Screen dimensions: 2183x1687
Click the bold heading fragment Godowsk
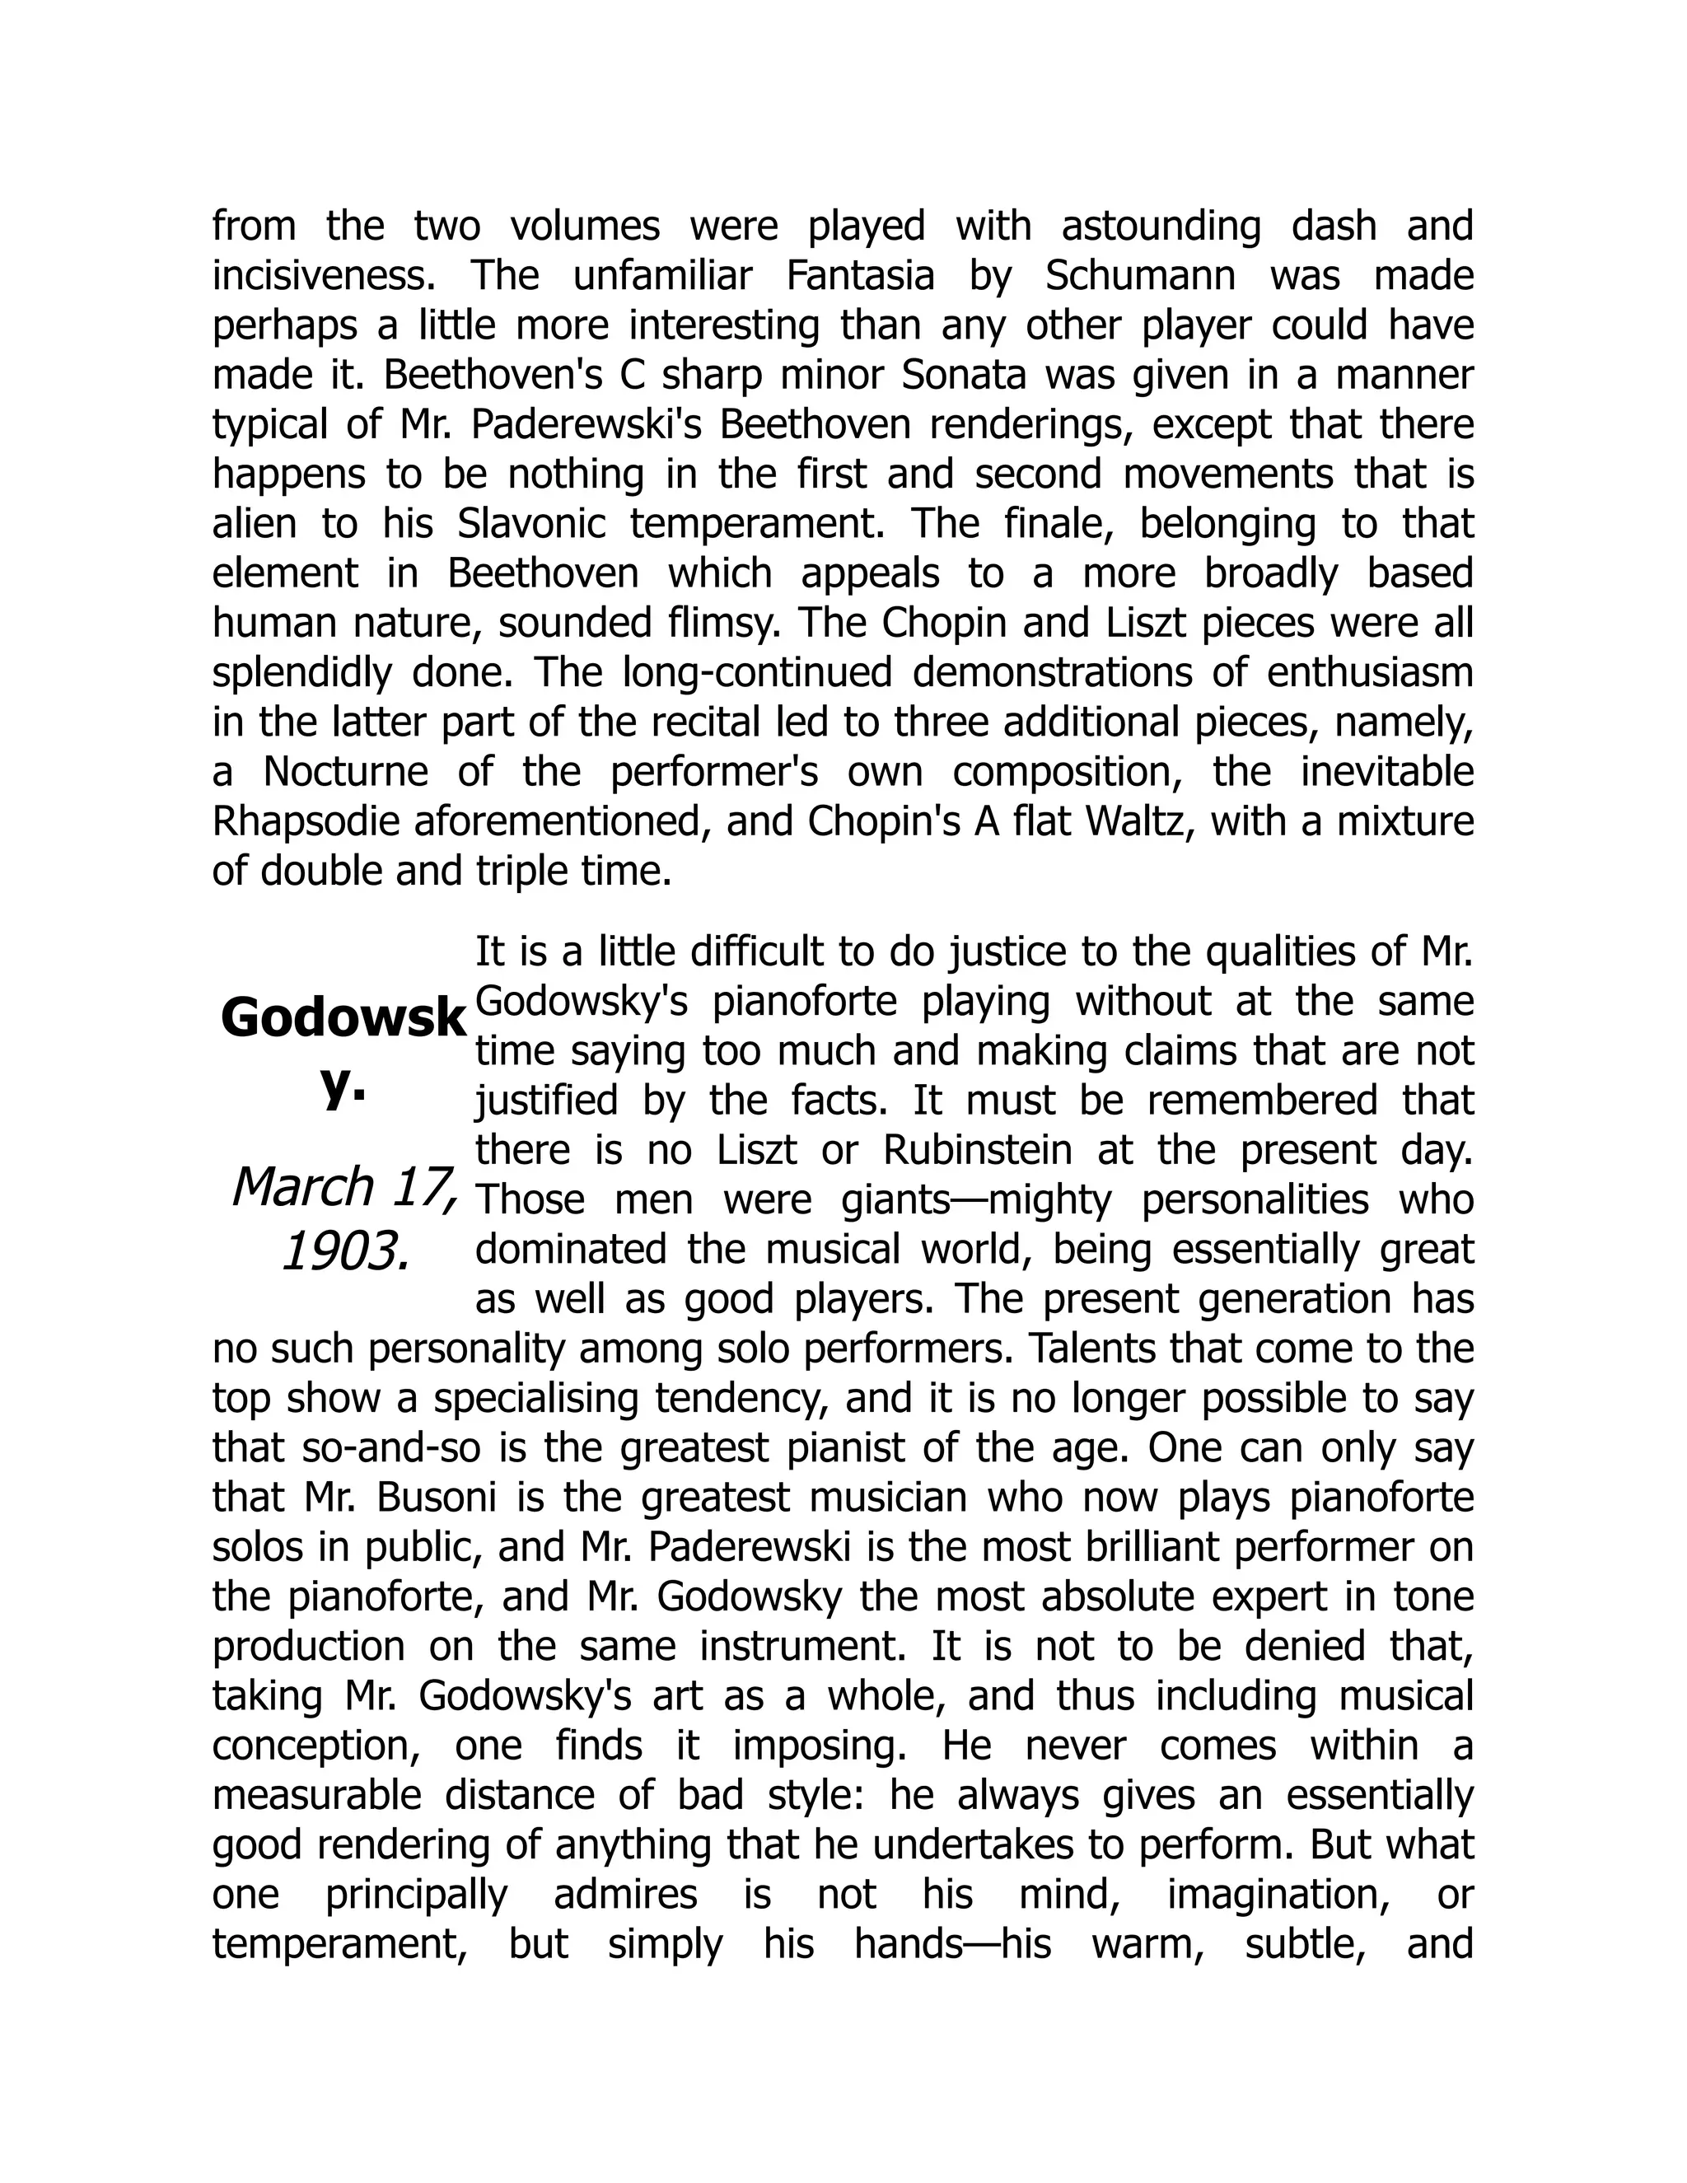tap(343, 1018)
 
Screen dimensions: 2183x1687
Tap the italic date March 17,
tap(345, 1187)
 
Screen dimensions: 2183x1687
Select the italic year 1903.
tap(346, 1251)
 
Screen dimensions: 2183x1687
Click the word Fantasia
tap(859, 276)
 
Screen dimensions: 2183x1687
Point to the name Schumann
tap(1140, 276)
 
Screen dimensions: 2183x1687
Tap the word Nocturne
tap(345, 773)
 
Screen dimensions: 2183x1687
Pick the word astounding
tap(1161, 227)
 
